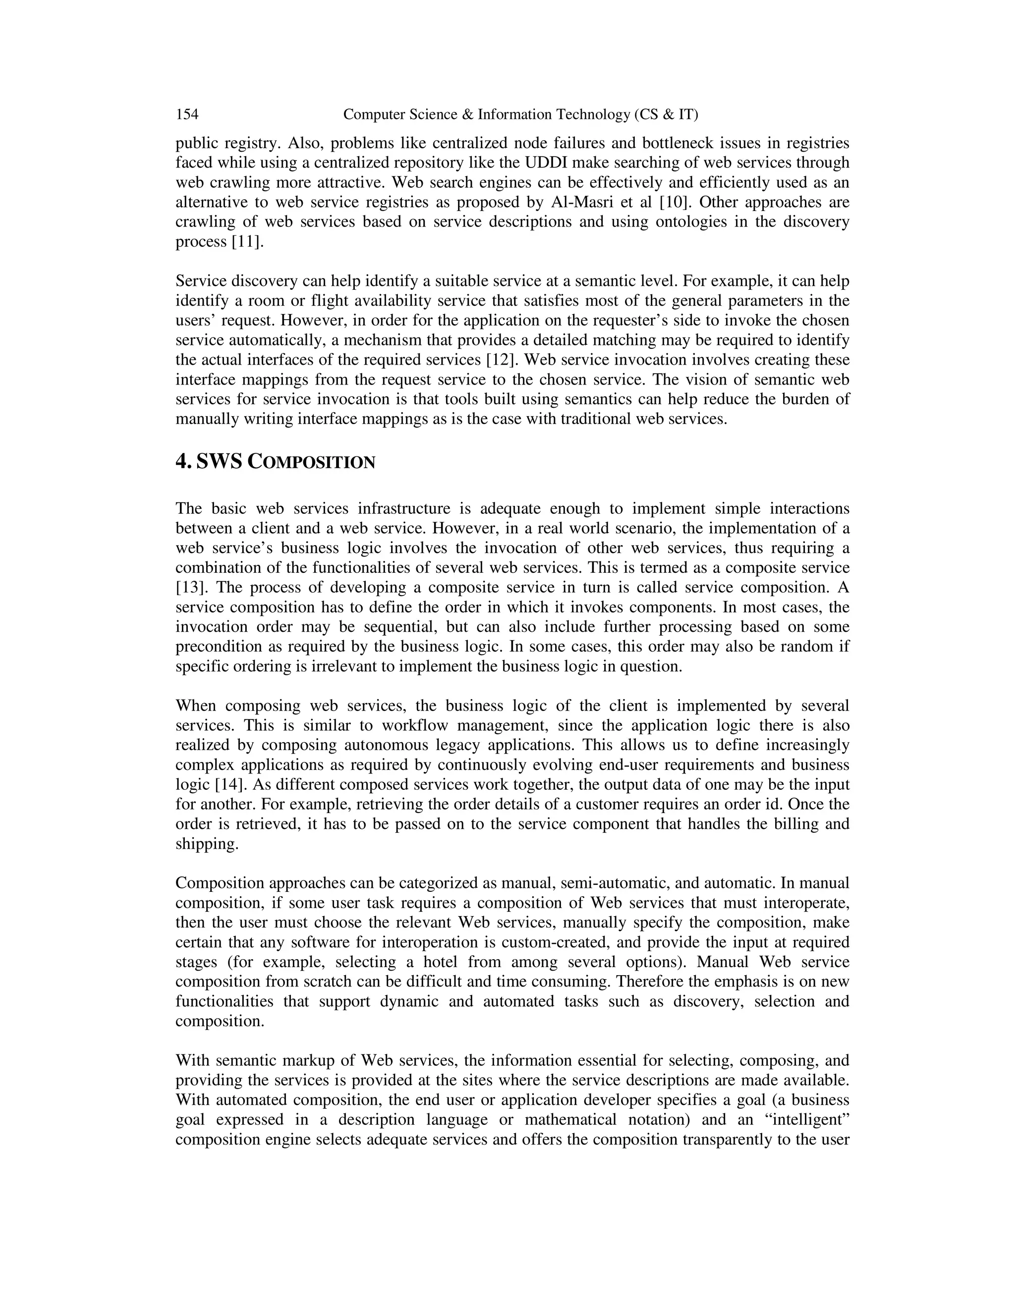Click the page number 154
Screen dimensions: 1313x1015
187,114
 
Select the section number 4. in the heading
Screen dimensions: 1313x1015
183,462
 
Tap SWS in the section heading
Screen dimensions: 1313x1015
219,462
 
